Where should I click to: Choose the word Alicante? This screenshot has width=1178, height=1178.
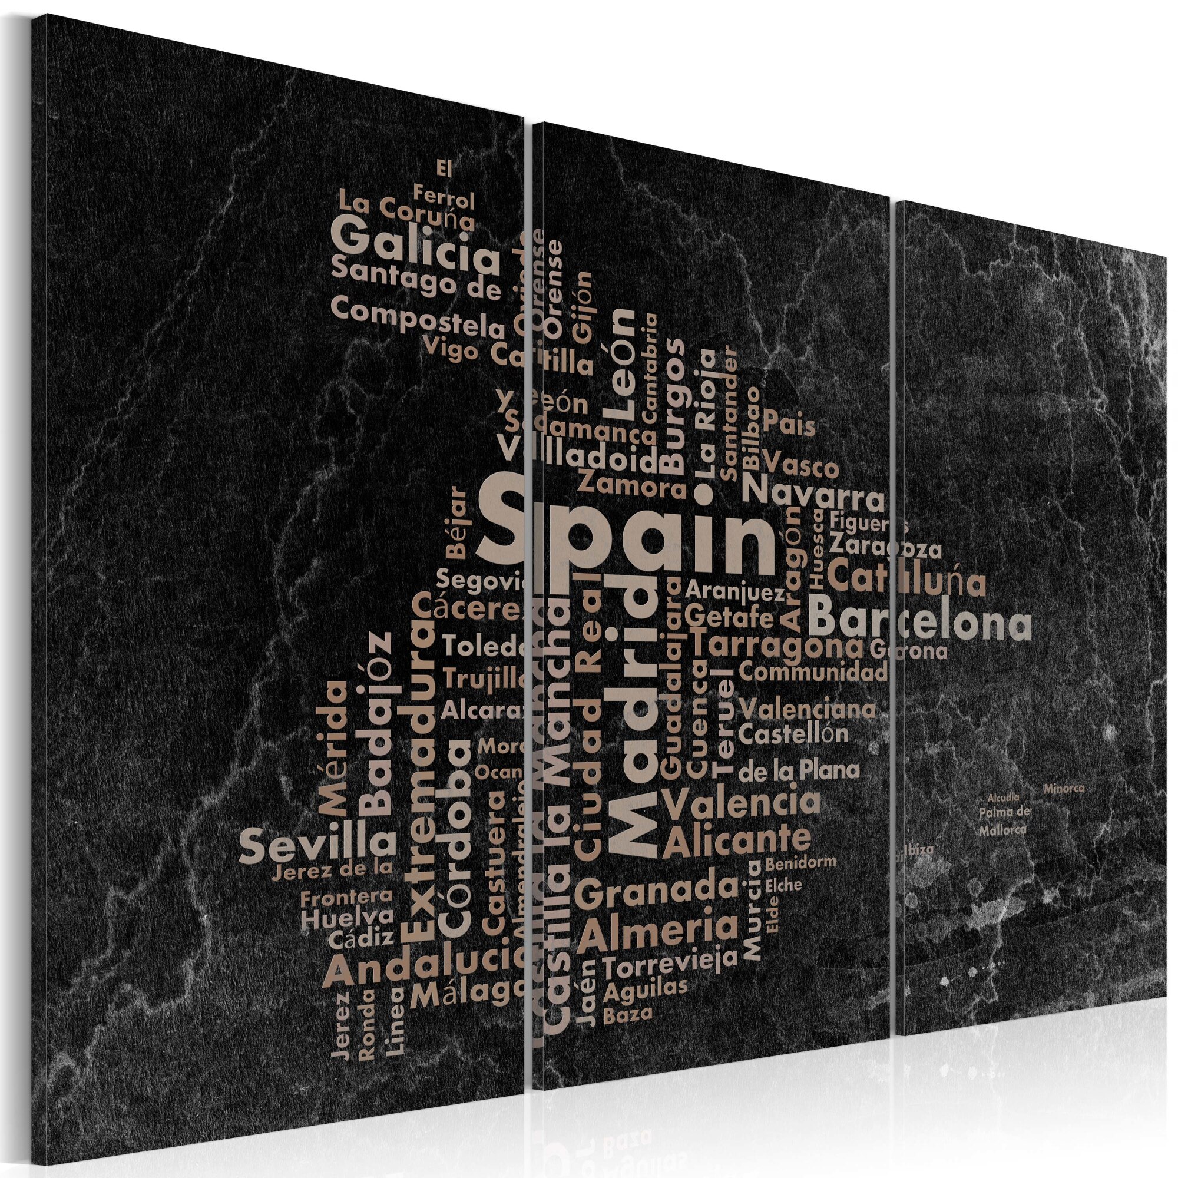tap(738, 841)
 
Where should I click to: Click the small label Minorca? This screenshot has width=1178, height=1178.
tap(1063, 789)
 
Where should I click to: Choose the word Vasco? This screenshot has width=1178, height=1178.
tap(800, 469)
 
